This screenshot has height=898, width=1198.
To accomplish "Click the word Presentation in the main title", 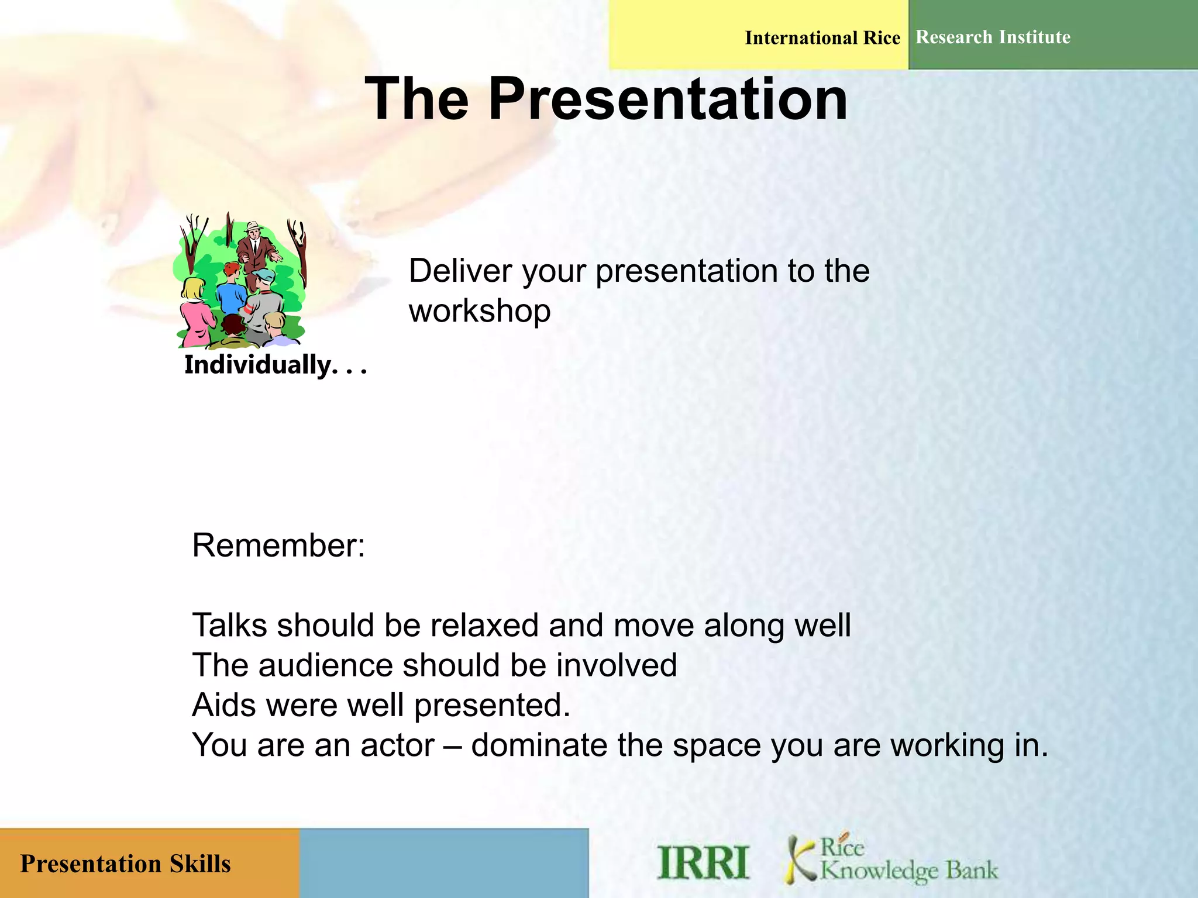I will [667, 99].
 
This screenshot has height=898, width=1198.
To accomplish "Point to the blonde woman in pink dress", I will [195, 310].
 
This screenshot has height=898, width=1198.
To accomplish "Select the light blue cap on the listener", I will [266, 274].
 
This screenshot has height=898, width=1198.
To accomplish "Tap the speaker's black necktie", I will [255, 243].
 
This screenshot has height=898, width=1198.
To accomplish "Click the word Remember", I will [278, 545].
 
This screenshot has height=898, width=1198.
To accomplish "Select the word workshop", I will [479, 310].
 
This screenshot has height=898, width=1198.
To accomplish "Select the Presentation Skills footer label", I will [125, 864].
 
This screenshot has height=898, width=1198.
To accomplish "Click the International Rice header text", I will [822, 38].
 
